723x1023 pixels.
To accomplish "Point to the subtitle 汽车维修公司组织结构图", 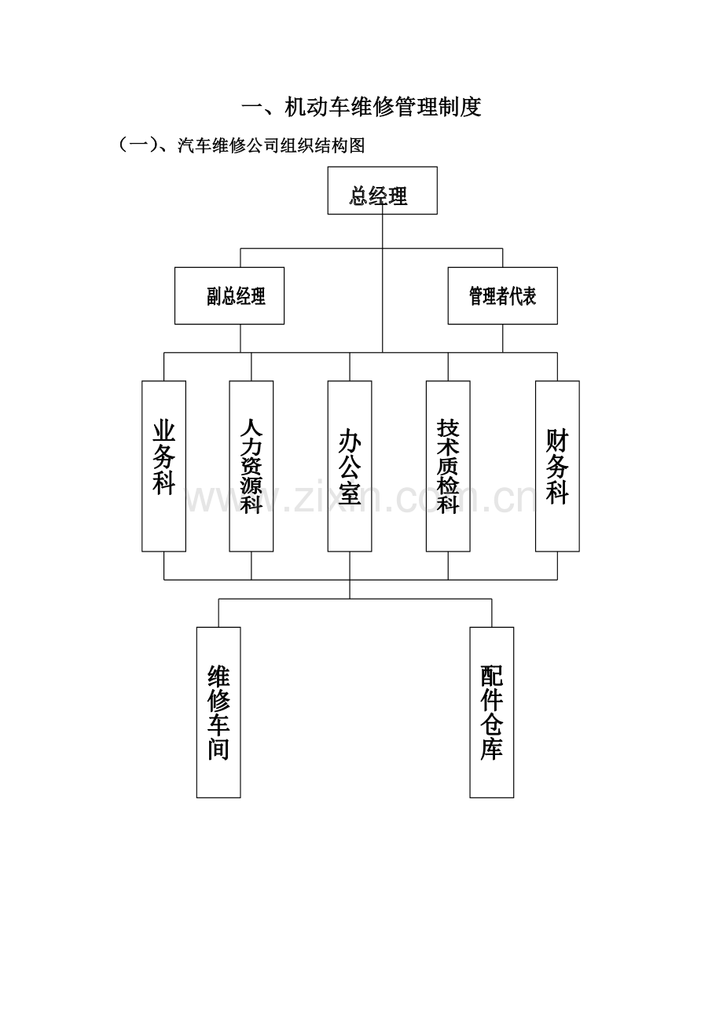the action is pyautogui.click(x=271, y=145).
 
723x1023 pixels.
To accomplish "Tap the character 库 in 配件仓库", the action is pyautogui.click(x=492, y=749).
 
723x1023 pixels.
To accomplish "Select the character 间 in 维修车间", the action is pyautogui.click(x=218, y=750).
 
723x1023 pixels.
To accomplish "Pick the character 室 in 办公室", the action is pyautogui.click(x=350, y=493).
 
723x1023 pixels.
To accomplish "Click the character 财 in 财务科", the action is pyautogui.click(x=557, y=440).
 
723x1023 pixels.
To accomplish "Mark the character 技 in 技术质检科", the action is pyautogui.click(x=448, y=428).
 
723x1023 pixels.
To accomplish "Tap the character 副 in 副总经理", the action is pyautogui.click(x=215, y=296).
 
